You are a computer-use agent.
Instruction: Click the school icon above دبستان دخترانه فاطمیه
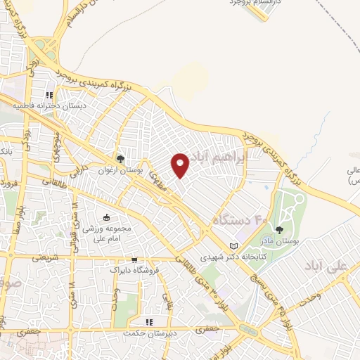coord(49,95)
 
